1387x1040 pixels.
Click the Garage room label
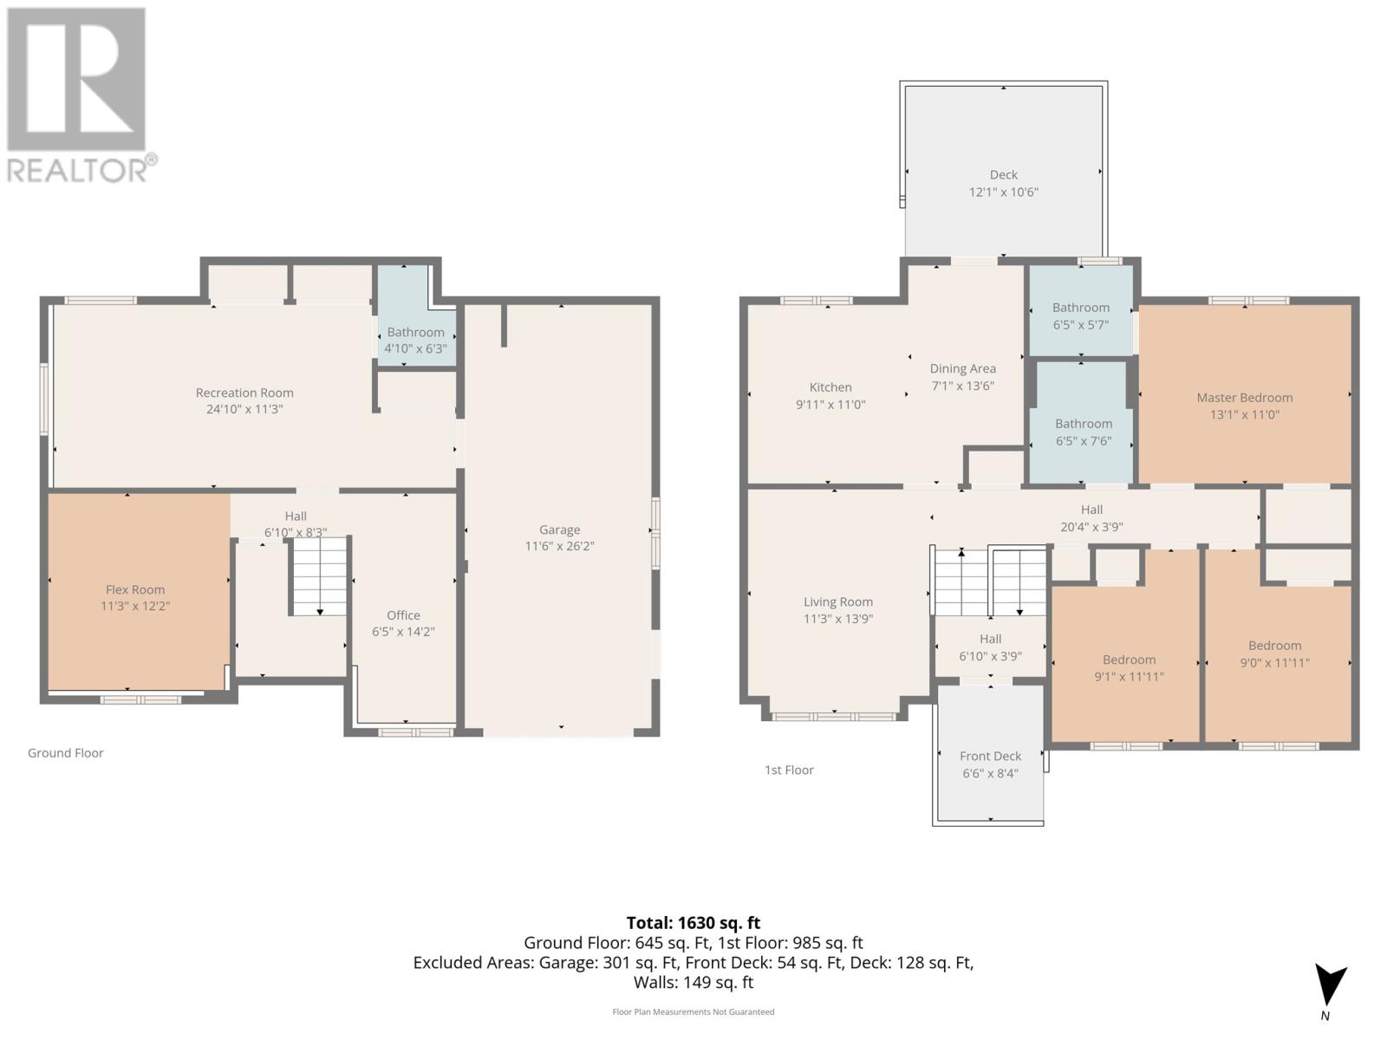click(x=559, y=530)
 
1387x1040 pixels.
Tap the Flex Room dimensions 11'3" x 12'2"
click(x=135, y=606)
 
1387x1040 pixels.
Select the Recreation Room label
click(x=244, y=393)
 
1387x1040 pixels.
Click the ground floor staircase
click(x=319, y=576)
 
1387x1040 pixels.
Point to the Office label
click(x=403, y=615)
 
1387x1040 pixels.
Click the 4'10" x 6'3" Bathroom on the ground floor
click(x=416, y=340)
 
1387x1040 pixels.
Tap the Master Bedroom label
click(x=1244, y=398)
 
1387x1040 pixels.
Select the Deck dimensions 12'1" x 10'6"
click(x=1003, y=192)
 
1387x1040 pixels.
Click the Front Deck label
click(x=990, y=756)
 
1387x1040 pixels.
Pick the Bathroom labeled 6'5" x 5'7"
click(x=1080, y=315)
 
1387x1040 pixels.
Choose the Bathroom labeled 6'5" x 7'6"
click(x=1083, y=432)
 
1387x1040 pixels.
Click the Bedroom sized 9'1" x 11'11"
click(x=1129, y=667)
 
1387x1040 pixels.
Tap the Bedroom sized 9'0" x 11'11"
click(x=1274, y=653)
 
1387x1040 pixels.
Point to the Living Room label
click(x=837, y=601)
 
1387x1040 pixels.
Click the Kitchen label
click(x=830, y=387)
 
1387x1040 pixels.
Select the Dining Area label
click(x=962, y=368)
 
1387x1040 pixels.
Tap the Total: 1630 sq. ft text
click(x=693, y=923)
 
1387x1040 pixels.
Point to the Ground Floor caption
click(x=65, y=753)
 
